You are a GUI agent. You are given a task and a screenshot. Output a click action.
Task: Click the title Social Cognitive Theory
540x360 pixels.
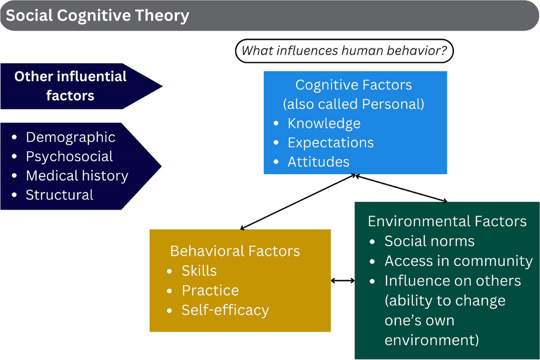98,16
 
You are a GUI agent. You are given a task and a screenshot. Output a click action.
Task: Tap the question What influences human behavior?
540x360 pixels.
344,50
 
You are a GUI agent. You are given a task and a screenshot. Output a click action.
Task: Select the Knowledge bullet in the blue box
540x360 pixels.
324,123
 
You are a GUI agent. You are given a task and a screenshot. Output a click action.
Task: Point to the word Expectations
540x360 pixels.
331,143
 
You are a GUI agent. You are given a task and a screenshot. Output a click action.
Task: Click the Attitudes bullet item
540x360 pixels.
318,162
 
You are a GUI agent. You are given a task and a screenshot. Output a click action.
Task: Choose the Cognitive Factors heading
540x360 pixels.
353,85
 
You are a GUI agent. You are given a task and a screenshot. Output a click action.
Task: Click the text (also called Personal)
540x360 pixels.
353,104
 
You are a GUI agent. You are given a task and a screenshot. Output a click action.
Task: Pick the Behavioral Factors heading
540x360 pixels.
235,251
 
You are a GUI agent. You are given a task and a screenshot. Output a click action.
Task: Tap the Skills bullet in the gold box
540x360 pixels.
199,270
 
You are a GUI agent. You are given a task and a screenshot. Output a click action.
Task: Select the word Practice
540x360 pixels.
210,290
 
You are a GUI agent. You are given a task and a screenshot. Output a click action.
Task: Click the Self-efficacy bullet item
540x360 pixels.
225,310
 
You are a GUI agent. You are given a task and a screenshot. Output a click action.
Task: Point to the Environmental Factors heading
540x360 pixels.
447,221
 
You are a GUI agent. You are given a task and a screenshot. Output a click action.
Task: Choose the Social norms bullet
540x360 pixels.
429,241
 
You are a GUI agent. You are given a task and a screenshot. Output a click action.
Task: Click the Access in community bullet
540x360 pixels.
458,261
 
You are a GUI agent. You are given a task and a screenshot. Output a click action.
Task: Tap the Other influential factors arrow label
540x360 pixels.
71,85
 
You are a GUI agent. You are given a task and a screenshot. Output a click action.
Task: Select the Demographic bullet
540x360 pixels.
71,137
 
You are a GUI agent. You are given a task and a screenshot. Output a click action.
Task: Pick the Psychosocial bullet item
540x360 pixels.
69,156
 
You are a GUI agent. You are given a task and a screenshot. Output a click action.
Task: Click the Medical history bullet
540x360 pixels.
77,175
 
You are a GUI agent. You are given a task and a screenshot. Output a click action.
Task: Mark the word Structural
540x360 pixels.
59,195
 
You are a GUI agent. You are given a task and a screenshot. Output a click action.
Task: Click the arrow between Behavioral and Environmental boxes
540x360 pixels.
343,281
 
